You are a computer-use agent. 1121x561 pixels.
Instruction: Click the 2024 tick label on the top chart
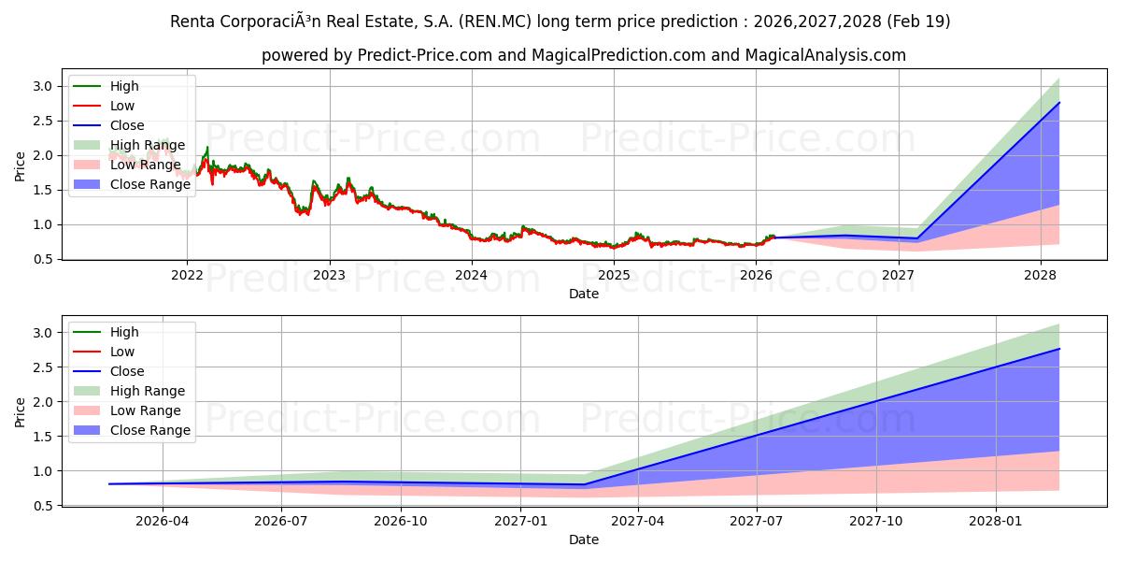472,275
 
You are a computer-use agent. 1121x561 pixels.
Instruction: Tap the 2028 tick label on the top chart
1041,275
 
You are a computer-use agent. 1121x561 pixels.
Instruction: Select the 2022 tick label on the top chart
187,275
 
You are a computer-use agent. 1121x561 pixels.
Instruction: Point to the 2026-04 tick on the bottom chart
163,522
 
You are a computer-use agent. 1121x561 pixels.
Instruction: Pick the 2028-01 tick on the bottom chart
997,522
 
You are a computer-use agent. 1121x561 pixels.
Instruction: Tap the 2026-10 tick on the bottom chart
401,522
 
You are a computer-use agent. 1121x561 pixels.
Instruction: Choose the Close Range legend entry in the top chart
149,184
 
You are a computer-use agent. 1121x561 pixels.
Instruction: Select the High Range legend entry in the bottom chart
148,391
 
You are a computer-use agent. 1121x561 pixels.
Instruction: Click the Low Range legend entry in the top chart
146,165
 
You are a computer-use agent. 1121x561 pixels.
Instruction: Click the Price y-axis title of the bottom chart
20,411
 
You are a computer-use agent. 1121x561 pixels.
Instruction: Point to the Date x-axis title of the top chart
584,294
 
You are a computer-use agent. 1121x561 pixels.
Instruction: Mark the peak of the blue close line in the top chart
1059,102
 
